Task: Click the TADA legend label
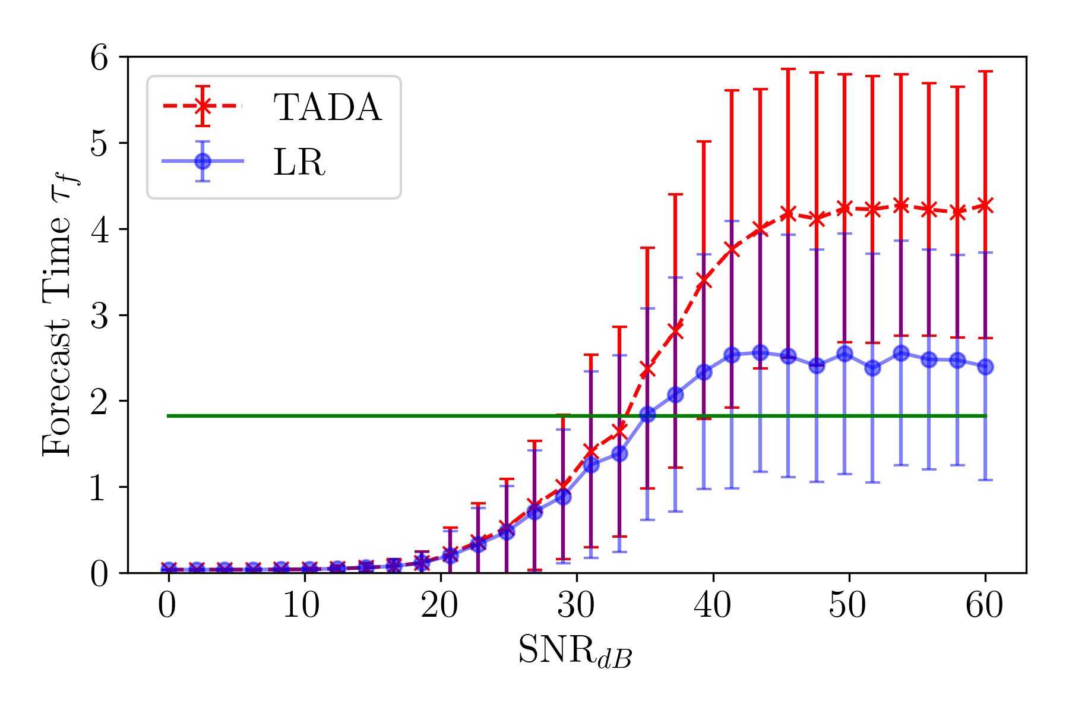[x=327, y=108]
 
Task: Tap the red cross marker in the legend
[x=203, y=106]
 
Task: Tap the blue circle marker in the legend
[x=203, y=161]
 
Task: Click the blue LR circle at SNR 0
[x=168, y=570]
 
